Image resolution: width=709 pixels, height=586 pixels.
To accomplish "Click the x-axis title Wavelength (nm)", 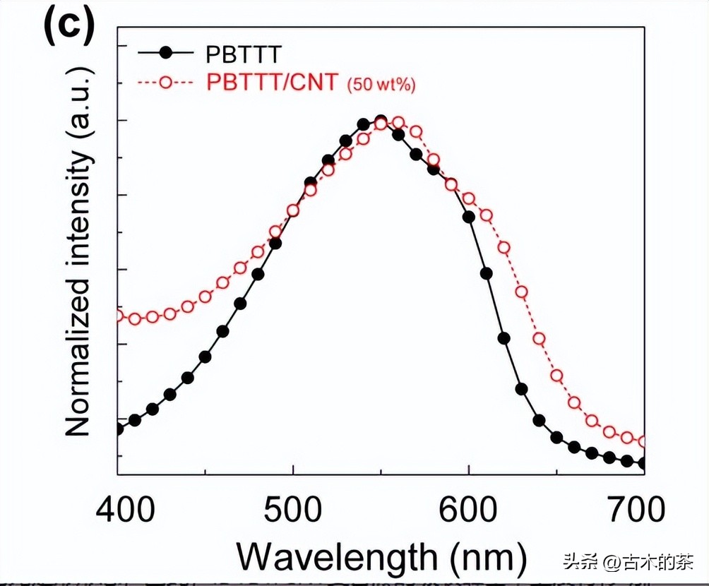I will click(x=381, y=558).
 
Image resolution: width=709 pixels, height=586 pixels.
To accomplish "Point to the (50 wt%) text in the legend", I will click(x=380, y=85).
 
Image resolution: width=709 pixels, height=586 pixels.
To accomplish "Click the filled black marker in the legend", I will click(x=165, y=52).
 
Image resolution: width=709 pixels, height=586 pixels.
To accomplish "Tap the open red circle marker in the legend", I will click(x=165, y=82).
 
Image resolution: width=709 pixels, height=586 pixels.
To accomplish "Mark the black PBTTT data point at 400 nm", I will click(x=118, y=429).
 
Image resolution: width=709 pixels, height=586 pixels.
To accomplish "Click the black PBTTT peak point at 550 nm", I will click(x=381, y=121).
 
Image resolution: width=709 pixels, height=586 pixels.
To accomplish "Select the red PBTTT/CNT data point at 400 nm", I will click(x=118, y=316).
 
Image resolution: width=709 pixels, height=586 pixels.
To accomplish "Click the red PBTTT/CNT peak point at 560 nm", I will click(x=398, y=123).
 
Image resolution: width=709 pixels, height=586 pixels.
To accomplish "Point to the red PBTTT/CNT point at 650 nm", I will click(x=556, y=376).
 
